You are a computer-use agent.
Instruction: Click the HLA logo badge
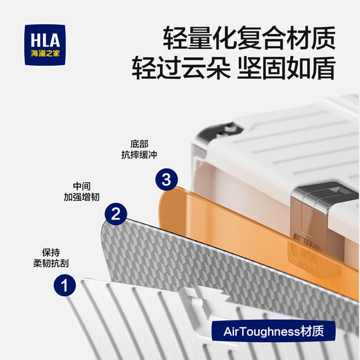pos(45,45)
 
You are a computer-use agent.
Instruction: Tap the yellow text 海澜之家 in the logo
pos(45,53)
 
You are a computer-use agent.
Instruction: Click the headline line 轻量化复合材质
pos(249,38)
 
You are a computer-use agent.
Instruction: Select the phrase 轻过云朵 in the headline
pos(181,68)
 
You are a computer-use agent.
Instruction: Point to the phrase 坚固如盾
pos(287,68)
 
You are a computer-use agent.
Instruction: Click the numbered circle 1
pos(65,285)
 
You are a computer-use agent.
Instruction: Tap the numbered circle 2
pos(116,214)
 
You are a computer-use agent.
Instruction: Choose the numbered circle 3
pos(166,179)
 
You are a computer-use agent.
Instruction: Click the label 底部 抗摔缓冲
pos(139,150)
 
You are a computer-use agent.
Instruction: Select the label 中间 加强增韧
pos(82,192)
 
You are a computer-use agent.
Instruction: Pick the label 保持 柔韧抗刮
pos(51,258)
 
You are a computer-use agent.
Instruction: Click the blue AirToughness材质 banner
pos(273,332)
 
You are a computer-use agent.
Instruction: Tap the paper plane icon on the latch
pos(335,190)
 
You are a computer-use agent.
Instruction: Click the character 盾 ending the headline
pos(323,68)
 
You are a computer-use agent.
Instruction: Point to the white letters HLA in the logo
pos(45,40)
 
